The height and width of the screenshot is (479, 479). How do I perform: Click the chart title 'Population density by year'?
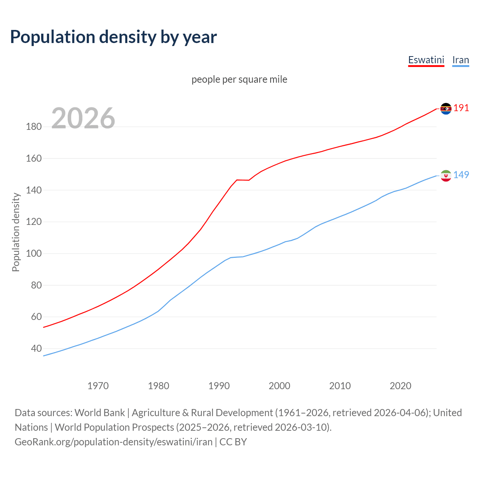point(113,37)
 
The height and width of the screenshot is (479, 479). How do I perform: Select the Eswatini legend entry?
point(426,60)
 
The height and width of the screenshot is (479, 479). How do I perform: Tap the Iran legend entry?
point(460,60)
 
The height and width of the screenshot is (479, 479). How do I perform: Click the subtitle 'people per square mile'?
point(239,79)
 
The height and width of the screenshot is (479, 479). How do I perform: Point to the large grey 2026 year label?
point(83,118)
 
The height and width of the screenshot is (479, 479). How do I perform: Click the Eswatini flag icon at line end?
point(446,109)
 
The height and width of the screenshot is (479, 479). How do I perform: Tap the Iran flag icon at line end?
point(446,176)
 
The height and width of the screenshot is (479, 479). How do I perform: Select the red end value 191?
point(461,108)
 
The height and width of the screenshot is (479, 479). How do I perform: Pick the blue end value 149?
point(461,175)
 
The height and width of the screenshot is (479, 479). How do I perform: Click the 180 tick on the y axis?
point(34,127)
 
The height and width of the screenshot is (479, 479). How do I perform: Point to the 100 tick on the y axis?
point(34,254)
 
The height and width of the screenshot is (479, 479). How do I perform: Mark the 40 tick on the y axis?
point(36,349)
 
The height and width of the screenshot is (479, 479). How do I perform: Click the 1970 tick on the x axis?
point(98,386)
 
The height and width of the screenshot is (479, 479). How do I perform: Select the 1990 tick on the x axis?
point(219,386)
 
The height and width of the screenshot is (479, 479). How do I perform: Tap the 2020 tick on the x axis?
point(400,386)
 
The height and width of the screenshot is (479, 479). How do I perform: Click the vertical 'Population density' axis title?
point(16,232)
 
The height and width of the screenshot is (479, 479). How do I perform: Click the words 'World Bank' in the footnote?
point(100,413)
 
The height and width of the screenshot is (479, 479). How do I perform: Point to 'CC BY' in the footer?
point(233,442)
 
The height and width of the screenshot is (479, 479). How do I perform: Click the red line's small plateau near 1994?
point(242,180)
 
